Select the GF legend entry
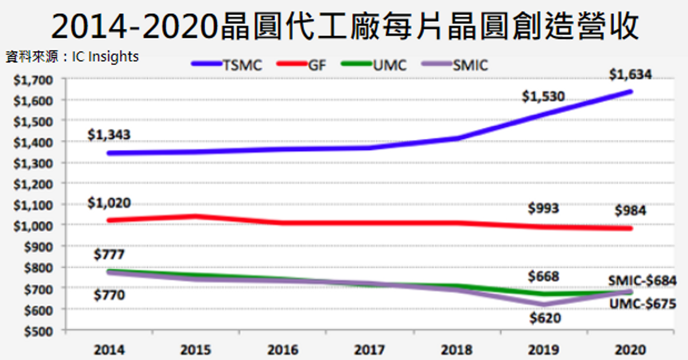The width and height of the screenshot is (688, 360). click(304, 65)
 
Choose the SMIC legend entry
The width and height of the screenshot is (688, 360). click(455, 65)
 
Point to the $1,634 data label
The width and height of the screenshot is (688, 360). click(631, 75)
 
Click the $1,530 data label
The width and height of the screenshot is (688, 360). click(543, 97)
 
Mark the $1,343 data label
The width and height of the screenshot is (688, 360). click(109, 135)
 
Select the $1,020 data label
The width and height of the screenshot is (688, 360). click(109, 202)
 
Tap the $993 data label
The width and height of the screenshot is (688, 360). click(543, 208)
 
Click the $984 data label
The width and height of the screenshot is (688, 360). click(631, 210)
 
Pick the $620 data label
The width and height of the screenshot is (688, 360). click(545, 318)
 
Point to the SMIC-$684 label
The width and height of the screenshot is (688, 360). click(646, 281)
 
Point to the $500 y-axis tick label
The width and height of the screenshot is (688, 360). click(37, 331)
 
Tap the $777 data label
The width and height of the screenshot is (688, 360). click(109, 254)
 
